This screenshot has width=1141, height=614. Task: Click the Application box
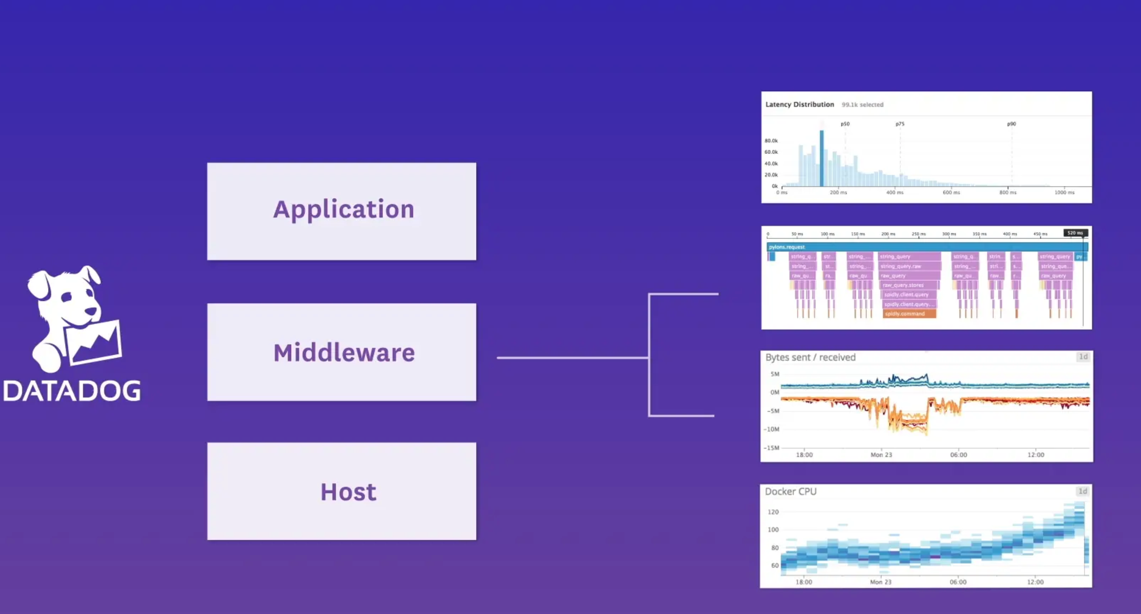point(341,211)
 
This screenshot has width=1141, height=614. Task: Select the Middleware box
point(341,352)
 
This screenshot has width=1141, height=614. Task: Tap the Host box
point(341,491)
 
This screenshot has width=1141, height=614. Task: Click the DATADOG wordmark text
point(72,391)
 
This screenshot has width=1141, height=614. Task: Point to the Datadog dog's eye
point(67,297)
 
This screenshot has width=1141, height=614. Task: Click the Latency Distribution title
point(800,104)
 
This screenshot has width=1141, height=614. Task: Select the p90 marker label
point(1011,124)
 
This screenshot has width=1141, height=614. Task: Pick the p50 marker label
point(845,124)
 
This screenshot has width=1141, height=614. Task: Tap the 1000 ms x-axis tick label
point(1064,193)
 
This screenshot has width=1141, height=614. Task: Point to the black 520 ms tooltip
point(1075,233)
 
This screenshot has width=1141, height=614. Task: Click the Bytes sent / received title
point(810,358)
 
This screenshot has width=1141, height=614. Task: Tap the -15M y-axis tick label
point(771,448)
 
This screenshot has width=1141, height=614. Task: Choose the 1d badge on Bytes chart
point(1083,357)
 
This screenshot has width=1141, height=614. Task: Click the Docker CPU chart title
point(791,491)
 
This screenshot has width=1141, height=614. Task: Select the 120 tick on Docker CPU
point(773,512)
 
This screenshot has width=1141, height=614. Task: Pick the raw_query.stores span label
point(904,285)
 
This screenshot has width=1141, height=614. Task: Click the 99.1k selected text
point(862,105)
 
